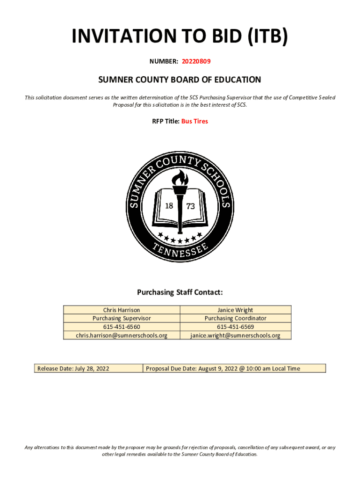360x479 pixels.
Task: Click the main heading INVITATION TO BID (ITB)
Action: [180, 37]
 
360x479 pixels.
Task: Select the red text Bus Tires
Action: [194, 121]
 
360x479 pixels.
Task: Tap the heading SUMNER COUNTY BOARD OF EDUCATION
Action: [180, 80]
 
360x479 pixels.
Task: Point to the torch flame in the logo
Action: [180, 178]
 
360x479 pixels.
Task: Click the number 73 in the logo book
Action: [191, 206]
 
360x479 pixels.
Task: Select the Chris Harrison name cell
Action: [122, 310]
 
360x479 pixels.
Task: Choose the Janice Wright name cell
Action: [235, 310]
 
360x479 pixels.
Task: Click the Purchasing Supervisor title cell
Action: [122, 318]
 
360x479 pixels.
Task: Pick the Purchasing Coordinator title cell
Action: [235, 318]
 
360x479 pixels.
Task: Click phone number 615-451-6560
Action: [122, 327]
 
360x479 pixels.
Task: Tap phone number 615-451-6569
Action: [235, 327]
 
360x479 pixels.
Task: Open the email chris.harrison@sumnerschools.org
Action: [122, 335]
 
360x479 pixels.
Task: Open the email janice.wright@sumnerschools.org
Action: [235, 335]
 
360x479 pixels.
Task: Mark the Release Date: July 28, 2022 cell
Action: [73, 369]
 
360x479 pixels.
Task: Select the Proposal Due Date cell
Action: [223, 369]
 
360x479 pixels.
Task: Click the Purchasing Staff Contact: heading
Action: [180, 292]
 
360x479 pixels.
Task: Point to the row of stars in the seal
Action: [180, 238]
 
